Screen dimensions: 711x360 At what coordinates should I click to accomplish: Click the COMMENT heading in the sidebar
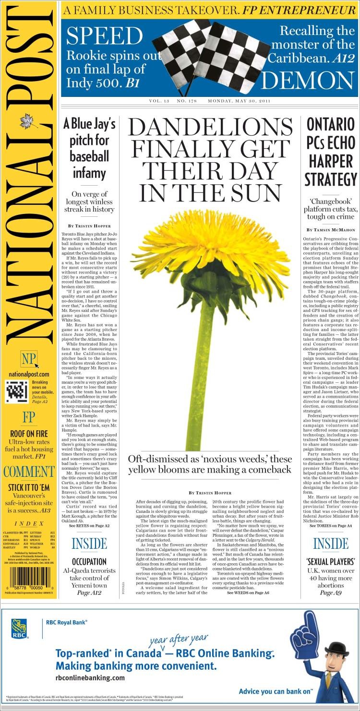click(x=29, y=472)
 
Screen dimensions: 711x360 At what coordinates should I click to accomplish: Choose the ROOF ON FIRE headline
click(x=29, y=434)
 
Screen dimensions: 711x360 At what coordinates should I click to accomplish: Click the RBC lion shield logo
click(x=19, y=629)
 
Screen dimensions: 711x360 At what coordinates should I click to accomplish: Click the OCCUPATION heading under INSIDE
click(x=89, y=561)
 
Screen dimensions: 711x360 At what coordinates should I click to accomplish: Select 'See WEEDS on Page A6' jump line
click(x=248, y=593)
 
